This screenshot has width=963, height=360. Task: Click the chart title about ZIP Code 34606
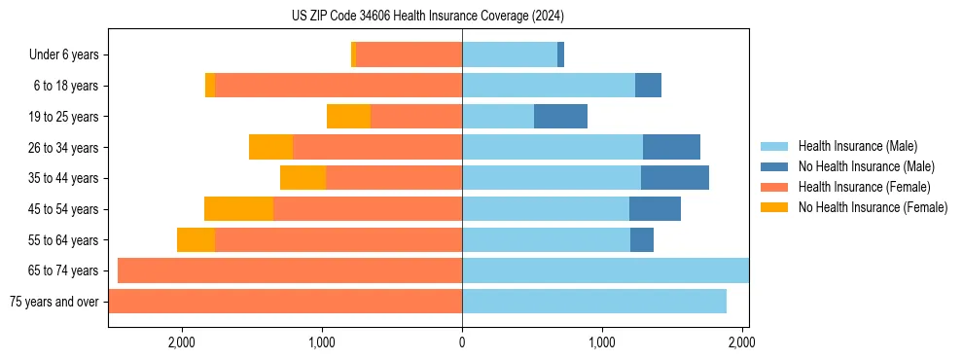(x=428, y=17)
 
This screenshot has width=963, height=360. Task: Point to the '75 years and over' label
(x=54, y=302)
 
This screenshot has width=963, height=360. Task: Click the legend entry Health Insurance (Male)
(x=857, y=146)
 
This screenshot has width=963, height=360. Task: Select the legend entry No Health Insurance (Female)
(x=873, y=207)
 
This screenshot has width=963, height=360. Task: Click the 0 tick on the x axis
(x=462, y=342)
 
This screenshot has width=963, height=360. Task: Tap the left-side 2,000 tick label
(x=182, y=342)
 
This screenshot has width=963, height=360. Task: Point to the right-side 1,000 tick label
(x=602, y=342)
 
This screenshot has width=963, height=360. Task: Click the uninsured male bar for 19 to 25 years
(x=560, y=117)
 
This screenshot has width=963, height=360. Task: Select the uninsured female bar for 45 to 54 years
(x=239, y=209)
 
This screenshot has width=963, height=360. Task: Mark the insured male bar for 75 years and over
(x=594, y=302)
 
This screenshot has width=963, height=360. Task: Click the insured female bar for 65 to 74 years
(x=290, y=270)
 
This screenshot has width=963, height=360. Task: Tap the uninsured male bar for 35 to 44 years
(x=675, y=178)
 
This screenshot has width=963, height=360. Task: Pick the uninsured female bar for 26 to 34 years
(x=271, y=147)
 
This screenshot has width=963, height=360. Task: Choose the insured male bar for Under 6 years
(x=510, y=55)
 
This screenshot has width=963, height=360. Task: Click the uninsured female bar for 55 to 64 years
(x=196, y=239)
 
